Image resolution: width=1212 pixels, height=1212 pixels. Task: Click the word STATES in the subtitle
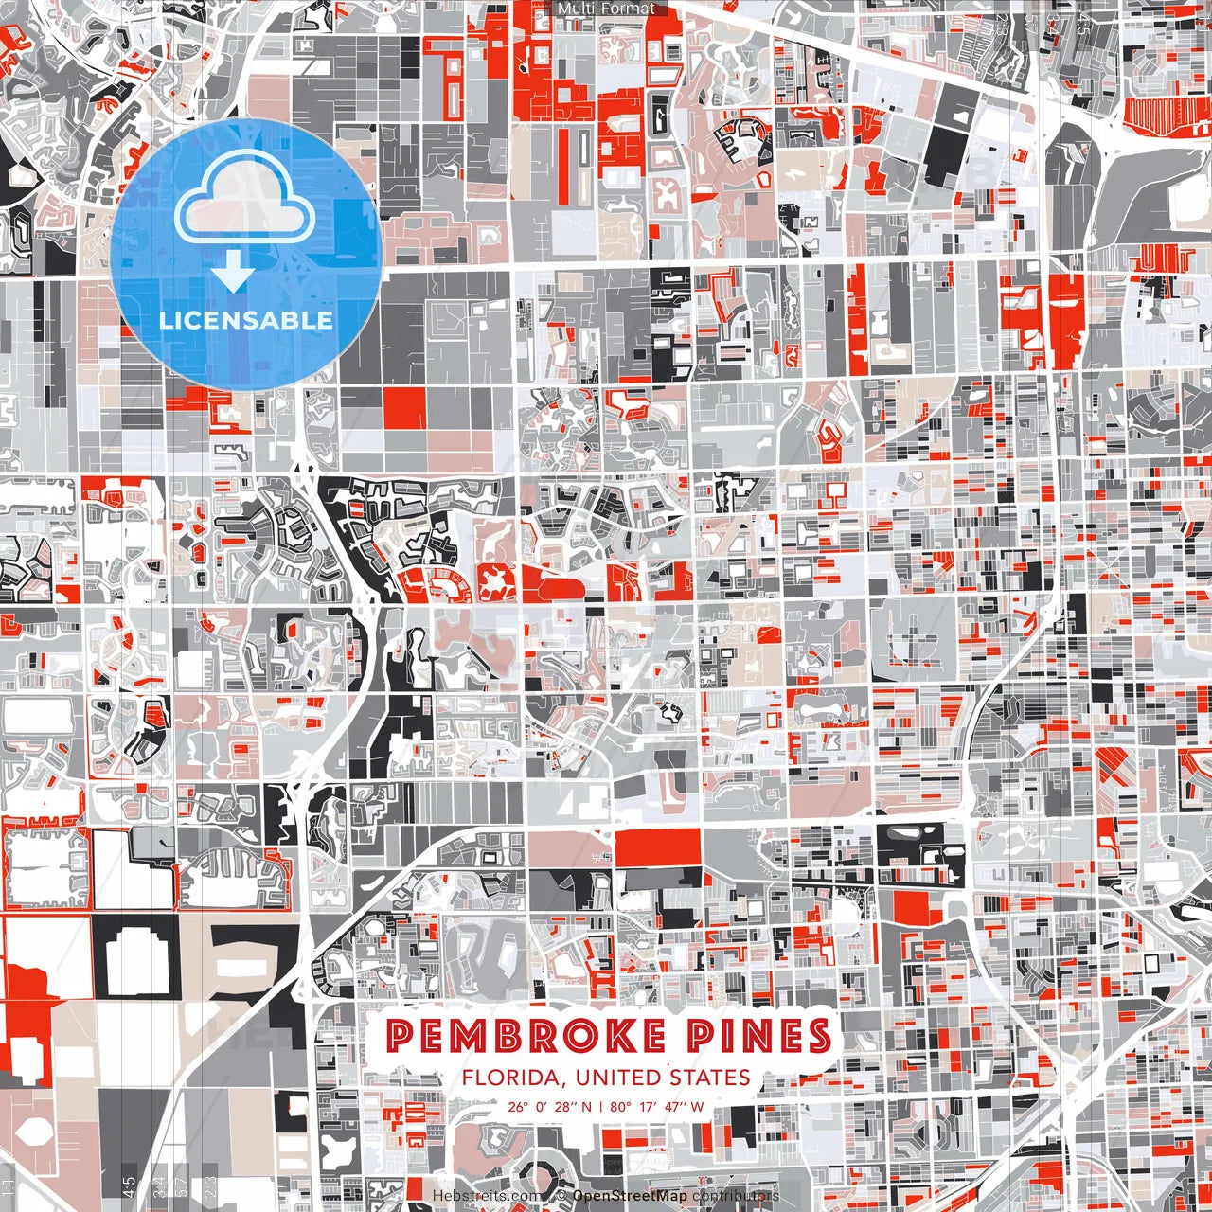point(710,1078)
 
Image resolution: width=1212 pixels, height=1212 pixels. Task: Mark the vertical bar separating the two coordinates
point(600,1106)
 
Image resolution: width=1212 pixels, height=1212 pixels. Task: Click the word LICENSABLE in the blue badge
point(246,320)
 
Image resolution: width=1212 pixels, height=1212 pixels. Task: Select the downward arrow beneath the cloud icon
point(232,274)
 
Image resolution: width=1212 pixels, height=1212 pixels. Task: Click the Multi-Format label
point(606,9)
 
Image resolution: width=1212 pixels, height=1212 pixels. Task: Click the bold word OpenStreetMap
point(630,1196)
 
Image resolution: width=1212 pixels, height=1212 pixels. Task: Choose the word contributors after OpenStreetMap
point(736,1196)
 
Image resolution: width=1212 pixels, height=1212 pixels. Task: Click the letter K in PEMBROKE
point(615,1037)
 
